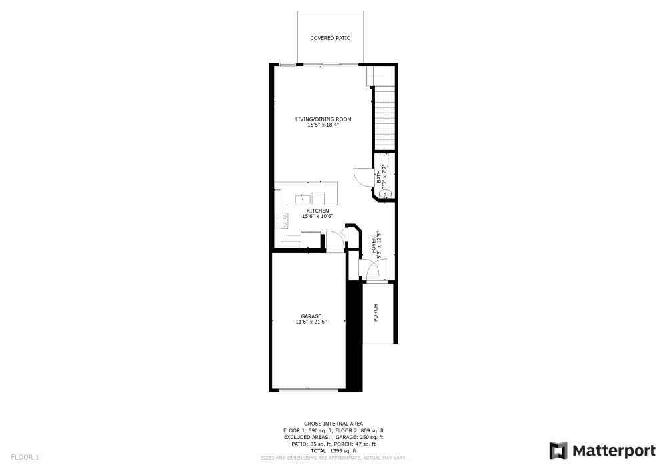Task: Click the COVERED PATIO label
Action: [x=330, y=38]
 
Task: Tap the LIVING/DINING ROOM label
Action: [x=323, y=119]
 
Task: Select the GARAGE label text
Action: [x=311, y=316]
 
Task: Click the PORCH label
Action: [x=376, y=312]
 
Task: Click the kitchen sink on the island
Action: [x=302, y=197]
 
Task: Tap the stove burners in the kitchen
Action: [x=285, y=221]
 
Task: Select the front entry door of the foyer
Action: [x=371, y=269]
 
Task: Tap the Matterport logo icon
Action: [x=558, y=450]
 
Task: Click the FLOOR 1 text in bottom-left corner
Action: [x=25, y=457]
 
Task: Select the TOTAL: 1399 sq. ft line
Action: [x=333, y=450]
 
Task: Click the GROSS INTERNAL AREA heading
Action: [x=333, y=424]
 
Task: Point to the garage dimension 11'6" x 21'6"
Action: [x=311, y=322]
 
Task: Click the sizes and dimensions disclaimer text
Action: [x=333, y=458]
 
